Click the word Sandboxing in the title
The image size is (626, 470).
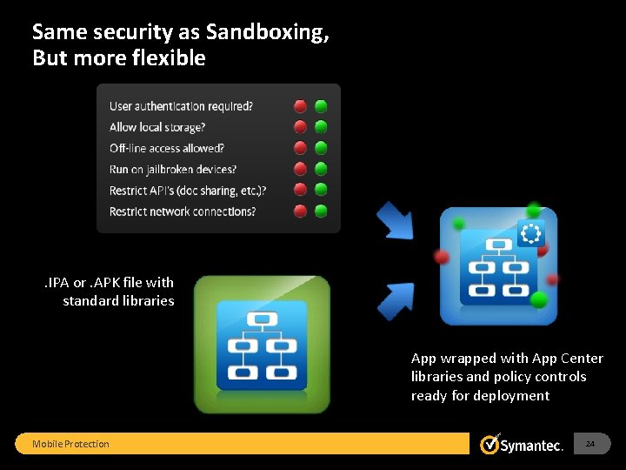(268, 32)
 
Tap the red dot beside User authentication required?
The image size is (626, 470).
(301, 106)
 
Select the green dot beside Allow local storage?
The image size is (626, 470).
(321, 127)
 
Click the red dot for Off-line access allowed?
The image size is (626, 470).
(301, 148)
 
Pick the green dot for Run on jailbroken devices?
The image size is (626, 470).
(321, 169)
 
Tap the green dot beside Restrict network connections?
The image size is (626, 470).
(321, 211)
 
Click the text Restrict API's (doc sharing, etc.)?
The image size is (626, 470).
(188, 190)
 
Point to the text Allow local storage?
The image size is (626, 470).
(157, 127)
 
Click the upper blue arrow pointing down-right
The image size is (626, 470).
(396, 222)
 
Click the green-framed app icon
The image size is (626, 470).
(262, 344)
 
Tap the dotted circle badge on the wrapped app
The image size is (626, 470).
(529, 233)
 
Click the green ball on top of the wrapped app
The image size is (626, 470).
(533, 210)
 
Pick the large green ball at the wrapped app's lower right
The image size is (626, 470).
(539, 299)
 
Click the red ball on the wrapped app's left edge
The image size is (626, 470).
(442, 257)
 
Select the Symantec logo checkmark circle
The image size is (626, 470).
(490, 445)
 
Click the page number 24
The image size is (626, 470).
(590, 444)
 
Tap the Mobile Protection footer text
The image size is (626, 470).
(70, 444)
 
